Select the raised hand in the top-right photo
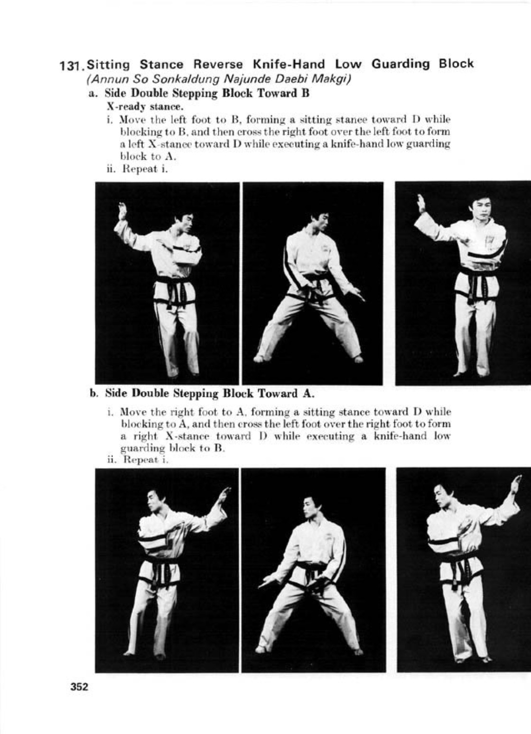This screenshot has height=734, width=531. [420, 203]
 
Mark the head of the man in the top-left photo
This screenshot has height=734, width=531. [184, 223]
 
